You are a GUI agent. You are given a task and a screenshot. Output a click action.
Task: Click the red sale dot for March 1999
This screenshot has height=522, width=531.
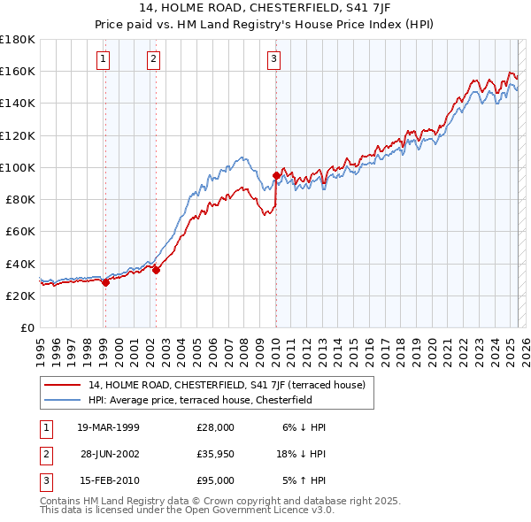coord(105,283)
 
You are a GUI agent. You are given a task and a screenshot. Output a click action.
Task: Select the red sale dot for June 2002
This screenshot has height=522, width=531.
coord(156,271)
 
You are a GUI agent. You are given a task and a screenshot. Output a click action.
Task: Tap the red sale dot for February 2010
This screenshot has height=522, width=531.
coord(276,177)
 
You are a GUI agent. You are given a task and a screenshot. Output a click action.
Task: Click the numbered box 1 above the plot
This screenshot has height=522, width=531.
coord(104,59)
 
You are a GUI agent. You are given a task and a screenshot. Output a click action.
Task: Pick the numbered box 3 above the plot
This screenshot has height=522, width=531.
coord(274,59)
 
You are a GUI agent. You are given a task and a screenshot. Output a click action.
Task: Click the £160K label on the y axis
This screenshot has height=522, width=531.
coord(18,71)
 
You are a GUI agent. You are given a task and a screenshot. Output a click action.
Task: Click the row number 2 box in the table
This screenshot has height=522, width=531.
coord(45,454)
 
